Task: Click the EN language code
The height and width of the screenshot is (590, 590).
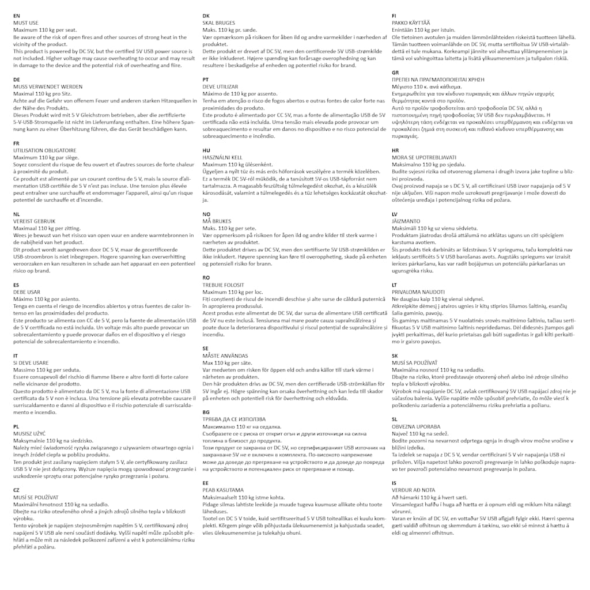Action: [x=16, y=16]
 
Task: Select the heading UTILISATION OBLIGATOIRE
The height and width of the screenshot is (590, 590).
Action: [x=44, y=150]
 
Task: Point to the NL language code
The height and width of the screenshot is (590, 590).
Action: [x=17, y=213]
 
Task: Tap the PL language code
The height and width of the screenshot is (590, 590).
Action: [x=16, y=426]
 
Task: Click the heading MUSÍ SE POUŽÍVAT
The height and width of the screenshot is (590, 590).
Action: [x=36, y=497]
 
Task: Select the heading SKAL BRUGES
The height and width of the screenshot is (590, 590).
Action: [x=218, y=22]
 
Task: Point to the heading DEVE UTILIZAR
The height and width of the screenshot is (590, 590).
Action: [x=220, y=86]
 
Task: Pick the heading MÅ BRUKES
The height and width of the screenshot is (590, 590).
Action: [x=218, y=221]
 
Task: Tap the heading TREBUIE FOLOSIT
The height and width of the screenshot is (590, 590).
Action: [x=223, y=285]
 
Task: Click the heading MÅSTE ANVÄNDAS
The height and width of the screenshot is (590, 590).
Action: [x=225, y=355]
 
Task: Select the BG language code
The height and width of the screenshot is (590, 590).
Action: [x=206, y=412]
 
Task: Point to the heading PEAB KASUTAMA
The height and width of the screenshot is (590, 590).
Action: [x=222, y=490]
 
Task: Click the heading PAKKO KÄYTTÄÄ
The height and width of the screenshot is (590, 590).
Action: [x=410, y=22]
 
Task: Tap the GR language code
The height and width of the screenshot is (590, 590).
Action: [x=395, y=72]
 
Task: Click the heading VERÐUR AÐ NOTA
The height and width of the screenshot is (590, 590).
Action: [x=413, y=490]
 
